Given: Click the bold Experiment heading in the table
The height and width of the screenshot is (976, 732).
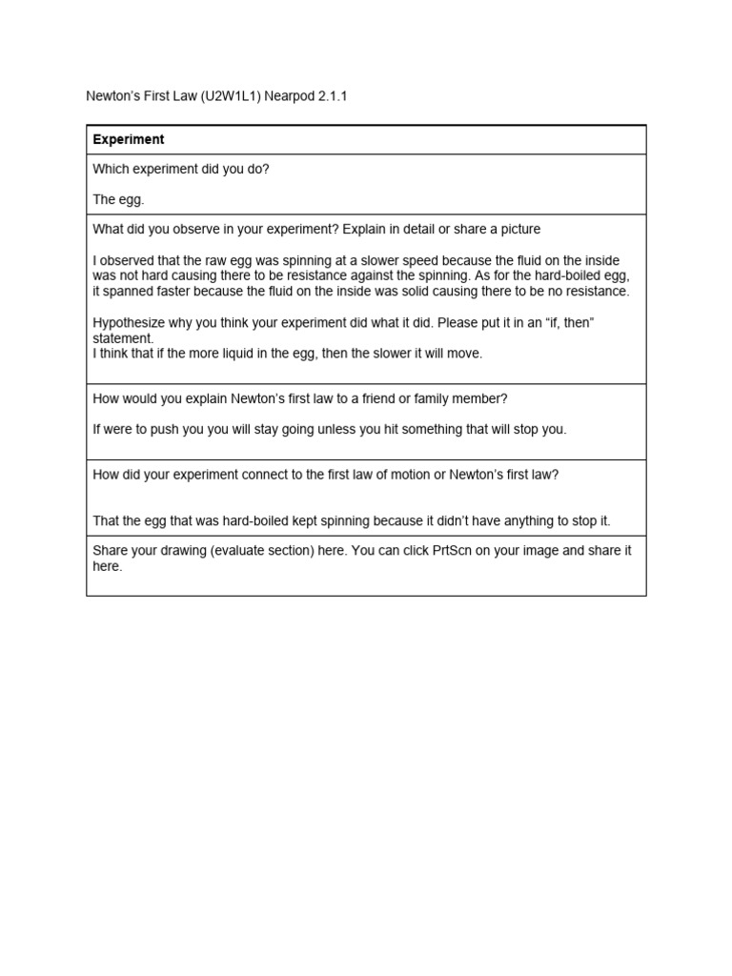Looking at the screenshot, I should click(x=128, y=139).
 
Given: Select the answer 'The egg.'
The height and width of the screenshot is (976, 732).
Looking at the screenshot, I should click(x=118, y=199).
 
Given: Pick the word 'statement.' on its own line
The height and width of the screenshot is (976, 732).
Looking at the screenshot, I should click(x=123, y=338).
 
